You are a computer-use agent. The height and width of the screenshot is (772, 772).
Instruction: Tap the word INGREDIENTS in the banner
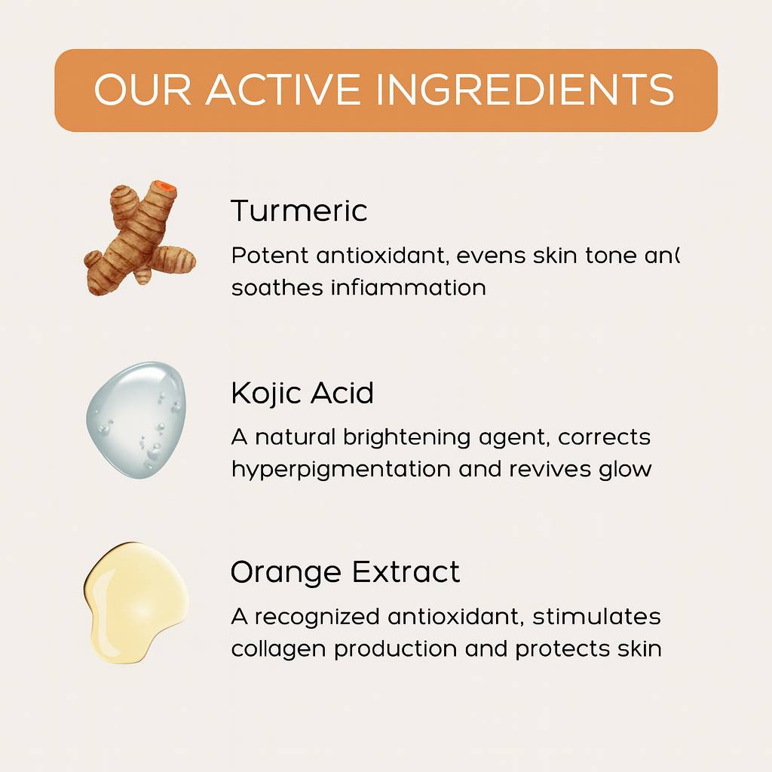525,90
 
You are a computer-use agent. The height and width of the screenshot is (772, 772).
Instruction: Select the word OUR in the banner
143,90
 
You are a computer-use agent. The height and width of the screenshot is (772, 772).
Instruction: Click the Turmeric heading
299,210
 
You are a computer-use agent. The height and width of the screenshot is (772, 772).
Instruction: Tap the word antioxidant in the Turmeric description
381,256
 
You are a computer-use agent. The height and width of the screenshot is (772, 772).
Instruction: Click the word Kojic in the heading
265,393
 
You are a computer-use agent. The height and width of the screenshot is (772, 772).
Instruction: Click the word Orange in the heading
284,572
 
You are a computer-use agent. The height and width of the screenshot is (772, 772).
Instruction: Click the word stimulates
596,617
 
